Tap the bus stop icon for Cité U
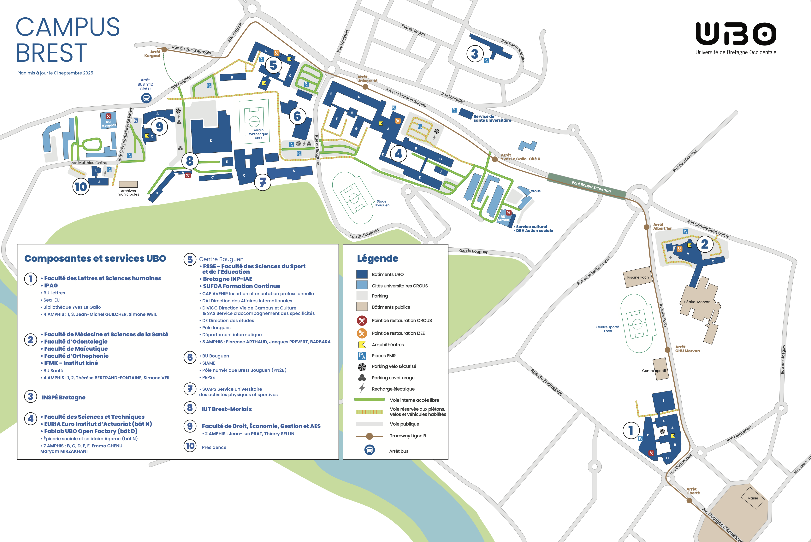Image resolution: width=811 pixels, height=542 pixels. (x=146, y=98)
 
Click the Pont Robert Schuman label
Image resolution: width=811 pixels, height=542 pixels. (x=591, y=187)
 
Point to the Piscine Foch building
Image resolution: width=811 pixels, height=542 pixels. (x=638, y=277)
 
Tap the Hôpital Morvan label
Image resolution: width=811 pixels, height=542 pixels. (x=697, y=302)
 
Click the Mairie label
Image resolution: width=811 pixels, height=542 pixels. (x=753, y=498)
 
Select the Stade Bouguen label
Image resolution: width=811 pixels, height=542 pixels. (x=382, y=203)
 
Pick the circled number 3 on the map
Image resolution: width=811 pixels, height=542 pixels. (x=475, y=54)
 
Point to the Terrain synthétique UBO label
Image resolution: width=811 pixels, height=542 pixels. (x=258, y=134)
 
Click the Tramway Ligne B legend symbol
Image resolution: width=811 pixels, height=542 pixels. (x=369, y=436)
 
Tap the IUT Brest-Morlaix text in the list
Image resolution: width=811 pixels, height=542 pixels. (x=227, y=409)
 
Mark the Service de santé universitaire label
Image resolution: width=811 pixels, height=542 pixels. (x=492, y=118)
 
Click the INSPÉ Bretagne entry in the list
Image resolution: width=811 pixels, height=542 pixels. (x=64, y=398)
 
